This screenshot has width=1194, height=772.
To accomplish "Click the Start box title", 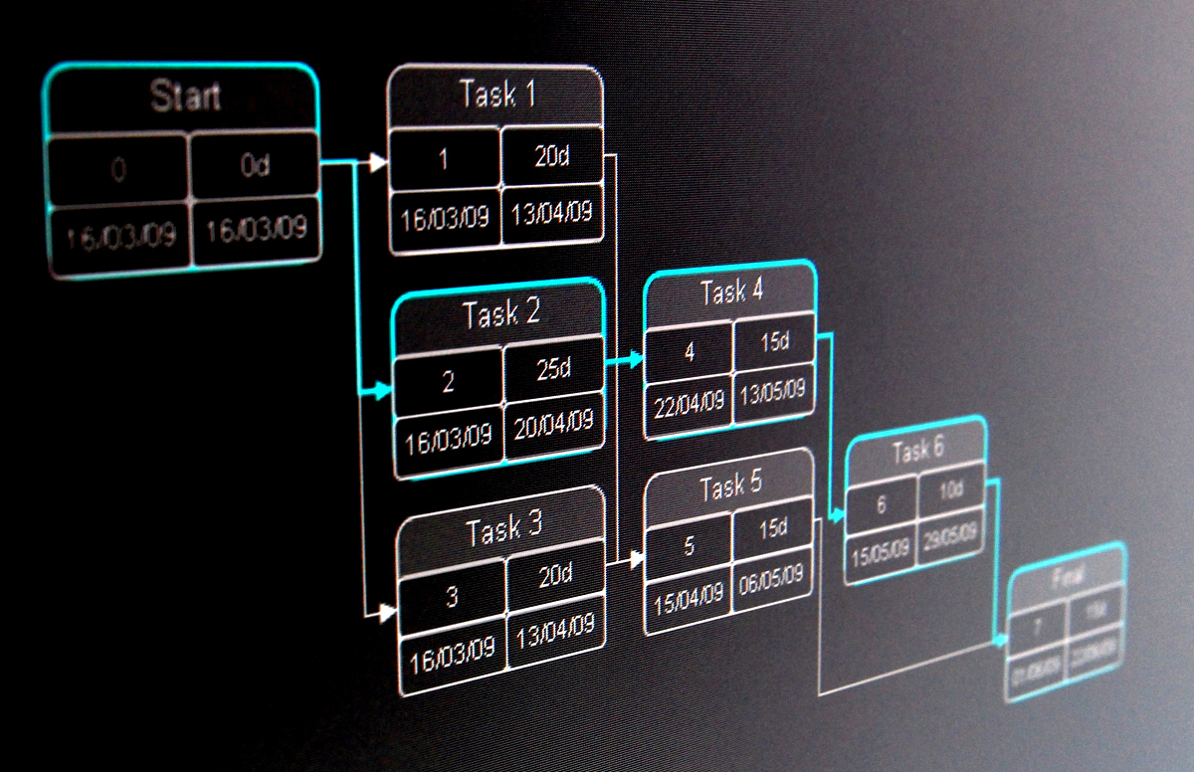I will tap(185, 97).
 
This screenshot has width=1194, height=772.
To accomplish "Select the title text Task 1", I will tap(497, 95).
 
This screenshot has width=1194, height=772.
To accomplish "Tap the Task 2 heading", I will tap(500, 315).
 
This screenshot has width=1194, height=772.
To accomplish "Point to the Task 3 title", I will tap(504, 529).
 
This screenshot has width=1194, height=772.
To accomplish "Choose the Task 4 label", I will tap(731, 292).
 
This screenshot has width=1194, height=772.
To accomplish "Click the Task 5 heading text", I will tap(730, 486).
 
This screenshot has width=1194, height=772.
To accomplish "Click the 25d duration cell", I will tap(553, 369).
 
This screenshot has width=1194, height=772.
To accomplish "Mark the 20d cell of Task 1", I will tap(551, 155).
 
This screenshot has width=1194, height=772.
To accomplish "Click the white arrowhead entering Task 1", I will tap(377, 163).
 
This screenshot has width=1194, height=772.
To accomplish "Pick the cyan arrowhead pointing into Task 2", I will tap(383, 394).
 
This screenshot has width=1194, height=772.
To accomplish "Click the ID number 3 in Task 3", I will tap(452, 597).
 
